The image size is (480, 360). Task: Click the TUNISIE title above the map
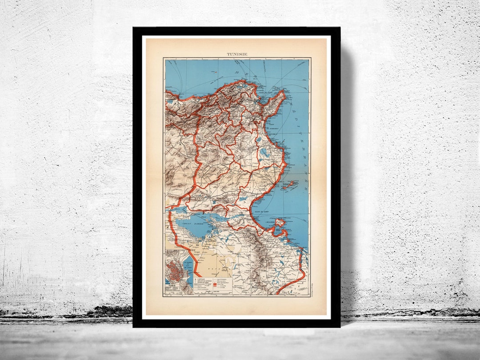[x=237, y=54]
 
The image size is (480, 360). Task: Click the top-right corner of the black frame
[x=340, y=28]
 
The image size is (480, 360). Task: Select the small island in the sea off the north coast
[x=215, y=71]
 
